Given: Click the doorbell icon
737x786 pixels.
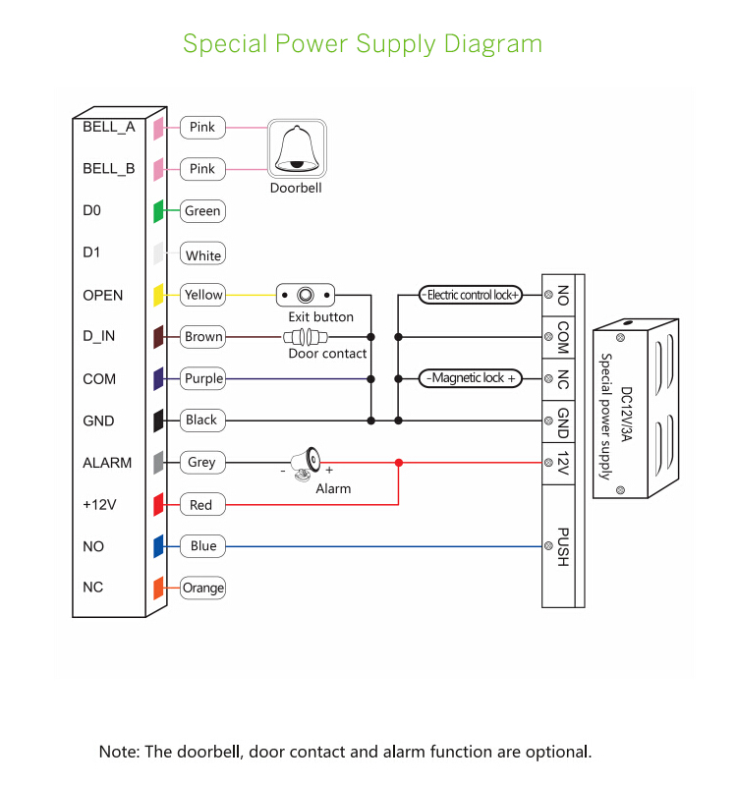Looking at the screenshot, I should (x=296, y=149).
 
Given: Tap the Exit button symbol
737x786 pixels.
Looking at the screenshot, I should (x=305, y=295).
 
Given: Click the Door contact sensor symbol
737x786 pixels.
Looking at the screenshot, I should (x=306, y=336).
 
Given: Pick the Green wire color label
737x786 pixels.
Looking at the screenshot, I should (x=202, y=211).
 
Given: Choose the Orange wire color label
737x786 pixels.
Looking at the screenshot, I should (x=202, y=588).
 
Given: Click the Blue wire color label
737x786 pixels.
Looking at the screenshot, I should (x=202, y=546).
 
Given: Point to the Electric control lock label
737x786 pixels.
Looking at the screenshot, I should (x=471, y=295).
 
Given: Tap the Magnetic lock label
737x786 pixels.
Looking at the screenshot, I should (x=471, y=378).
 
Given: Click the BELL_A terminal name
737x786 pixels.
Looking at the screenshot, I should (x=108, y=127).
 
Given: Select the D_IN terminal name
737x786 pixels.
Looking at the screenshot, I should (x=98, y=336).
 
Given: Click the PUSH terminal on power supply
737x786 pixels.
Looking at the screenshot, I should (x=563, y=545).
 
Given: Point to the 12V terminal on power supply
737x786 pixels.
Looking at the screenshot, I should (x=563, y=462).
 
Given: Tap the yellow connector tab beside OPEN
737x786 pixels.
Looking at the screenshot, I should (x=157, y=295).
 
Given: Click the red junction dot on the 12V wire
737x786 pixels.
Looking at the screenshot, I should (x=398, y=462).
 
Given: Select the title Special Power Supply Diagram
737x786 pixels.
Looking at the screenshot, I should (x=363, y=44).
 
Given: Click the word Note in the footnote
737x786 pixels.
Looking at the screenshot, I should (x=118, y=752).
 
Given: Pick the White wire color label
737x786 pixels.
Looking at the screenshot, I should (x=203, y=255).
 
